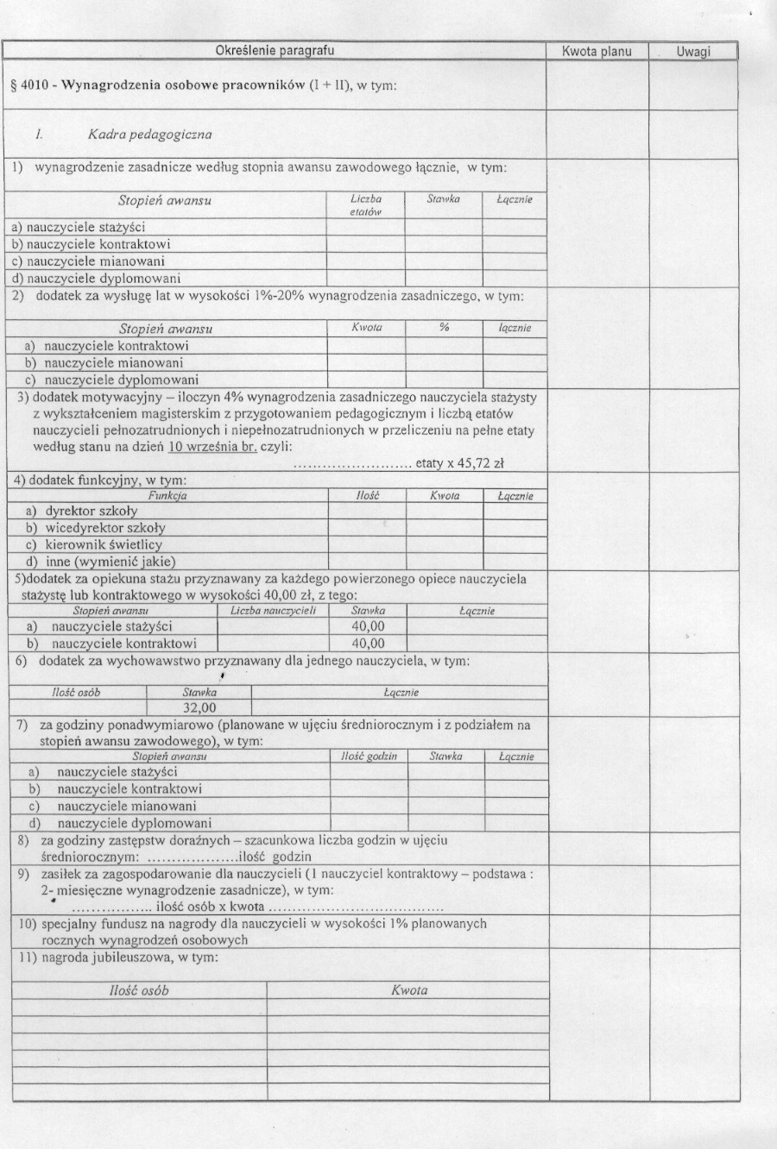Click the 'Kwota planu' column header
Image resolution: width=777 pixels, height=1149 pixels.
click(597, 52)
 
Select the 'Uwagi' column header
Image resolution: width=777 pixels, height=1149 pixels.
click(692, 52)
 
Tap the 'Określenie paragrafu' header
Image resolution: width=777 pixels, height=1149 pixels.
click(275, 51)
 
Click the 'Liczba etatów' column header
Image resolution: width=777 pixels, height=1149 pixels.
click(366, 204)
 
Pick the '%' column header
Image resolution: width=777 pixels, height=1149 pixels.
click(444, 328)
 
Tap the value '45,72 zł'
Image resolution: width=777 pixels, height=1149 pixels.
click(479, 463)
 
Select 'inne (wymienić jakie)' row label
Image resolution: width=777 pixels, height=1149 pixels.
click(107, 562)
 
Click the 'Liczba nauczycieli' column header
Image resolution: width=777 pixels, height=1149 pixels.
click(273, 611)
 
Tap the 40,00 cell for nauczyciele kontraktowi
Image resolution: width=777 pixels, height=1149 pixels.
click(368, 644)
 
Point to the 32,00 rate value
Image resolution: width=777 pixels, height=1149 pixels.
click(199, 708)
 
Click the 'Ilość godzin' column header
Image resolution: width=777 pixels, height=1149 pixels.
click(369, 757)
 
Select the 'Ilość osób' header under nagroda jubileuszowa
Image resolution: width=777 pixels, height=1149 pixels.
click(139, 991)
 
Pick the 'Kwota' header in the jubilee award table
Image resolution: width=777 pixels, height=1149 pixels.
click(408, 991)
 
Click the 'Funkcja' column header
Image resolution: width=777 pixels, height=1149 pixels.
click(167, 496)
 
